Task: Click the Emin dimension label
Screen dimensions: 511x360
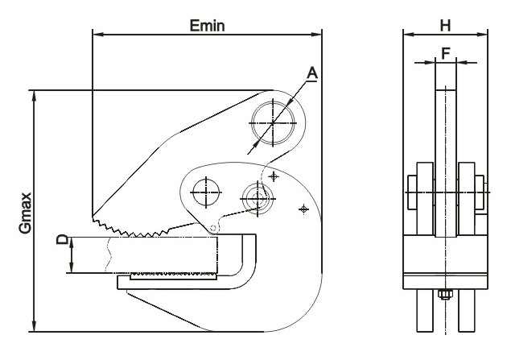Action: pos(208,26)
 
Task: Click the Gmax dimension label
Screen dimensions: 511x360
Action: pos(25,213)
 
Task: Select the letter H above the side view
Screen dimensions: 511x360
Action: pos(445,26)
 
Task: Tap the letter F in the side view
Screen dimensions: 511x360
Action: pos(446,53)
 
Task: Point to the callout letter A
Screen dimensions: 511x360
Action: pos(312,73)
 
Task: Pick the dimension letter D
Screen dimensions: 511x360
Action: pos(63,240)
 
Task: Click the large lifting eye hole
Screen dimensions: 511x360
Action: pos(273,123)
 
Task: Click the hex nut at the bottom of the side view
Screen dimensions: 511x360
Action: pos(445,295)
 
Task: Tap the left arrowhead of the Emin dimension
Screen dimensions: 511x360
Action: pos(98,35)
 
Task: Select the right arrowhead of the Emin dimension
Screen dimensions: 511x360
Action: pos(316,35)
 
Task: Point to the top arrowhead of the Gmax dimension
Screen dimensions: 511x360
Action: pos(34,96)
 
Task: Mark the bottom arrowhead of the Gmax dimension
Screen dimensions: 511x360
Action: pos(34,325)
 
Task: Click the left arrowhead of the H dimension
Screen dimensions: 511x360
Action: pos(409,35)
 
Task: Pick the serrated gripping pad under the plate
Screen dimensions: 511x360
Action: pos(174,276)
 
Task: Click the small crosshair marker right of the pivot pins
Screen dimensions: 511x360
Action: pos(303,209)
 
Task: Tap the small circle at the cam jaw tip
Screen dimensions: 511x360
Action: pos(213,228)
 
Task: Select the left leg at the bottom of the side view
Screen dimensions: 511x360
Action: pos(425,310)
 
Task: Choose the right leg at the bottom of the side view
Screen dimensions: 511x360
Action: pos(467,310)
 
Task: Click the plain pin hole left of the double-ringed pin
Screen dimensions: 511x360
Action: pos(206,192)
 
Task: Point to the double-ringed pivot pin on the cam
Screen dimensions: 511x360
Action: pos(258,198)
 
